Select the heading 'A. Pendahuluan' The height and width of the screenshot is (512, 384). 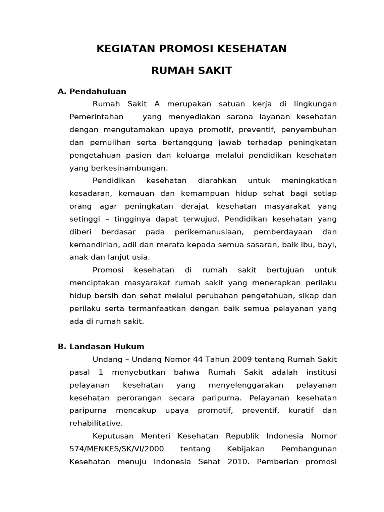(x=92, y=91)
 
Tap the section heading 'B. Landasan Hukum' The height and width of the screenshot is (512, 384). (x=101, y=346)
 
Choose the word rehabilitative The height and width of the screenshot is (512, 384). (x=96, y=423)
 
